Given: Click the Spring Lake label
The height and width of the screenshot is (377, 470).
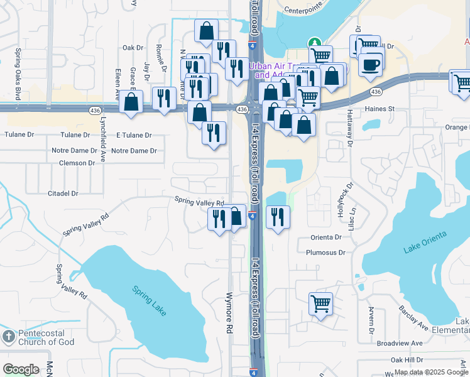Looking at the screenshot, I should click(150, 300).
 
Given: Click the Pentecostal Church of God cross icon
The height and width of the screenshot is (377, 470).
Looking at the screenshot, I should click(8, 336).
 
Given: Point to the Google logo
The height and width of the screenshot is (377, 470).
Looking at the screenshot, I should click(21, 369).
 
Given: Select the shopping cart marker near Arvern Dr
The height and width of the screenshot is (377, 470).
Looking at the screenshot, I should click(320, 304).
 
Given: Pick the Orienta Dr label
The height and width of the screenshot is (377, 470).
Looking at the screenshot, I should click(326, 238).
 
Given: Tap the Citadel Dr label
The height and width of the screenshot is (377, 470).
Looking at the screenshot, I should click(63, 194).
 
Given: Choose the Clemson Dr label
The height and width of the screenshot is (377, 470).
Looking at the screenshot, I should click(77, 163).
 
